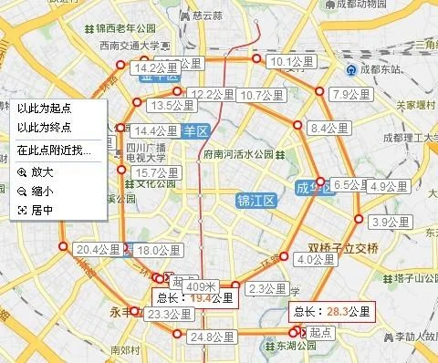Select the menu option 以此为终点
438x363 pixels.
click(x=44, y=128)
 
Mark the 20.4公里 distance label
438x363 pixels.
click(x=98, y=249)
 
